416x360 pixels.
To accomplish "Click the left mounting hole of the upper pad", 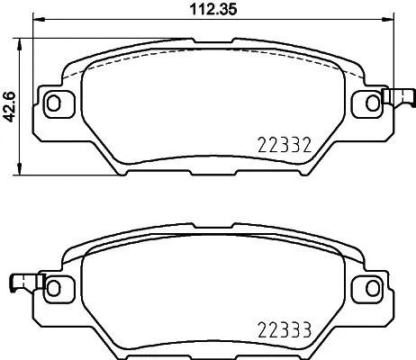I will [53, 103].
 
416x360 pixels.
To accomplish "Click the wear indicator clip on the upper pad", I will [396, 99].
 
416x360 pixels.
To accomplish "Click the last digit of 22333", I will [307, 328].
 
